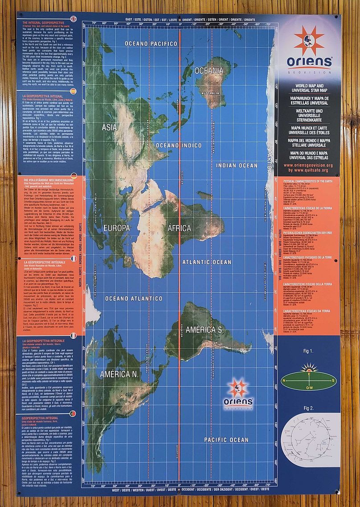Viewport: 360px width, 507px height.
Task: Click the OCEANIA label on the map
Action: click(209, 71)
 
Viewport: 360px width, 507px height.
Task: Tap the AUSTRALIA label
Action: click(210, 93)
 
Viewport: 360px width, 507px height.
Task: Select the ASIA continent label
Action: click(109, 127)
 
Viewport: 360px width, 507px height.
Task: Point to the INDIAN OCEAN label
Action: click(237, 165)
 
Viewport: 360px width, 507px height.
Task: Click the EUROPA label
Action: click(116, 228)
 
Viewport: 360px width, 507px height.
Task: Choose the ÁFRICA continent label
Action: click(180, 228)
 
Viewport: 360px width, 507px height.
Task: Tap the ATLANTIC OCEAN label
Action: click(206, 262)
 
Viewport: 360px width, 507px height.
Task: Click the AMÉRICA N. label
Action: click(120, 374)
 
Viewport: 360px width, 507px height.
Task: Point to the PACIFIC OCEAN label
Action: click(226, 440)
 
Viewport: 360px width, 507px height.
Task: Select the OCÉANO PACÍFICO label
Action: click(147, 43)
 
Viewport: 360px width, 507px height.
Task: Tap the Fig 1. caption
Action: click(308, 351)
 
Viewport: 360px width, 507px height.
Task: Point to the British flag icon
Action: click(74, 19)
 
